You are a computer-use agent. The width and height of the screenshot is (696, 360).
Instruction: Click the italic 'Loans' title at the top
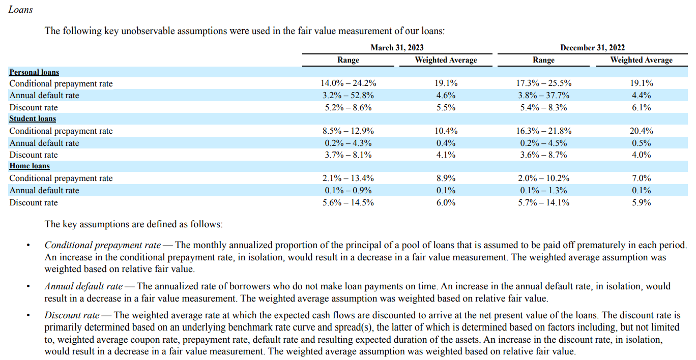[x=21, y=10]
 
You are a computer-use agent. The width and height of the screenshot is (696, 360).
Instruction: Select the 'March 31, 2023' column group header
[x=397, y=48]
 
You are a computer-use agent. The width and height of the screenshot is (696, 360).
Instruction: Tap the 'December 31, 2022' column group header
[x=592, y=48]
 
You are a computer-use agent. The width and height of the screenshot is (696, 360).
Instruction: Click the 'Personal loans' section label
[x=34, y=72]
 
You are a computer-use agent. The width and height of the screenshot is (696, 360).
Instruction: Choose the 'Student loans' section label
[x=33, y=118]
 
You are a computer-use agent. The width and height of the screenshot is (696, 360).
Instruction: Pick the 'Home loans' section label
[x=30, y=166]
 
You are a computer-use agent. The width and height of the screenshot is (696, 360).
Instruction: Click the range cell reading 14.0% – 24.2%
[x=349, y=83]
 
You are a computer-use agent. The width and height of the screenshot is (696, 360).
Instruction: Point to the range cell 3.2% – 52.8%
[x=349, y=95]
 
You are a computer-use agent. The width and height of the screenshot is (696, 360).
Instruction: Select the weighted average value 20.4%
[x=641, y=131]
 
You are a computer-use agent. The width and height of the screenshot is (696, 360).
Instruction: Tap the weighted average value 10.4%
[x=446, y=131]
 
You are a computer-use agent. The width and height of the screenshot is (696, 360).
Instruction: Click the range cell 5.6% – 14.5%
[x=349, y=202]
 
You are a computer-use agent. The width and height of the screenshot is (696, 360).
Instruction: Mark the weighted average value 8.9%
[x=446, y=178]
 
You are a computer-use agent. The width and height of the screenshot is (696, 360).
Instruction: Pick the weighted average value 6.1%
[x=641, y=107]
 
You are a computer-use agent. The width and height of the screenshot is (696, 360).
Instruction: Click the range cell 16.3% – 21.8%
[x=543, y=131]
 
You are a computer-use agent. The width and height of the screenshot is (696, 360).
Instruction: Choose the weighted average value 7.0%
[x=641, y=178]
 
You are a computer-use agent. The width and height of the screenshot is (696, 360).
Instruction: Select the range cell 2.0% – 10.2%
[x=543, y=178]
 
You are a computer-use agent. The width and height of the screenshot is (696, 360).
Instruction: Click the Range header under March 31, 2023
[x=349, y=60]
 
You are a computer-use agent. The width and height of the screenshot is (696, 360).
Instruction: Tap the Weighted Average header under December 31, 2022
[x=641, y=60]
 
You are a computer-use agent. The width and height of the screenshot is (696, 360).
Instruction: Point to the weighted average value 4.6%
[x=446, y=95]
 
